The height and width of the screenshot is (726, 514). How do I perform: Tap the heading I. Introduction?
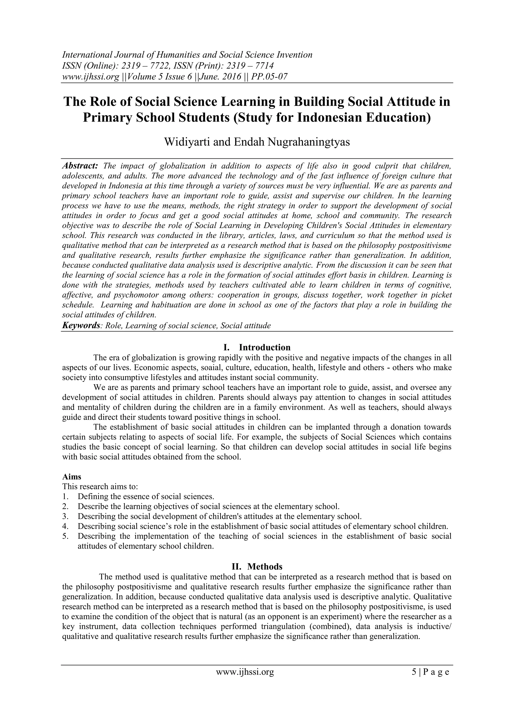[x=257, y=347]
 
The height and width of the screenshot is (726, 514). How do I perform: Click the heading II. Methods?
[x=257, y=566]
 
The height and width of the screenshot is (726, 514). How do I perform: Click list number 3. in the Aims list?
[x=66, y=516]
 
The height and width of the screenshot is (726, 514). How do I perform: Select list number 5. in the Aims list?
[x=66, y=536]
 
